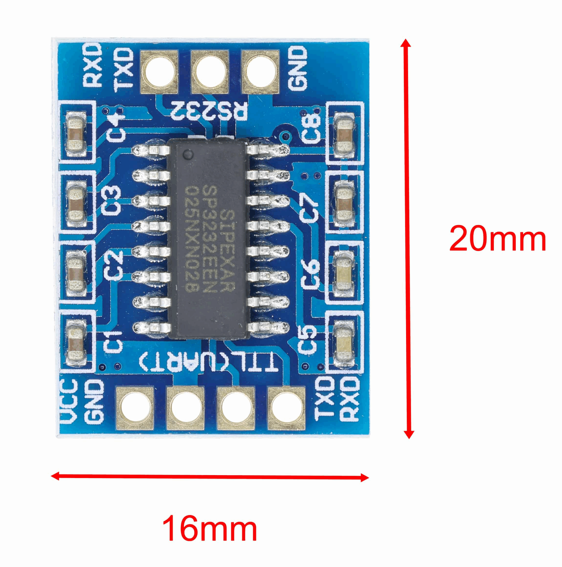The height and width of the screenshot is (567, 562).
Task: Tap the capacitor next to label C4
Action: [77, 134]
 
